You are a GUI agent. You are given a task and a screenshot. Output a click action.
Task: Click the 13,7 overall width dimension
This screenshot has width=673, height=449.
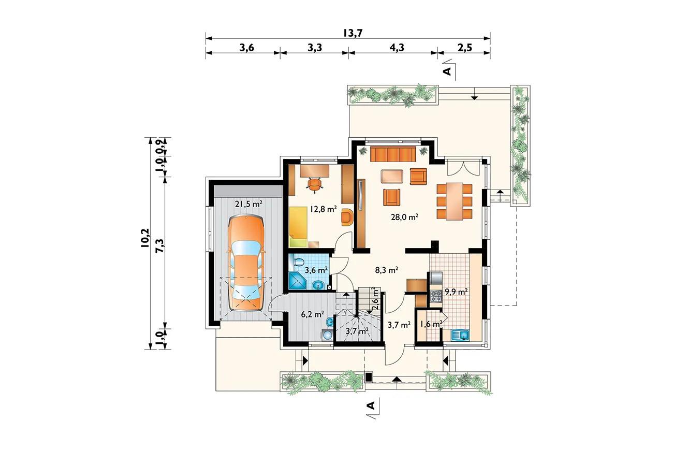point(353,33)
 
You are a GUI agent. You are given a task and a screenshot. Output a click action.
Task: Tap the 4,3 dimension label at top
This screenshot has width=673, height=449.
point(397,48)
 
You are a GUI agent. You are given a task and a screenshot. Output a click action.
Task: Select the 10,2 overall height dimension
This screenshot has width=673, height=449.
point(144,238)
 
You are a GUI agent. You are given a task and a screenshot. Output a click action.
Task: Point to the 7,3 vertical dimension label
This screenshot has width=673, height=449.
point(159,245)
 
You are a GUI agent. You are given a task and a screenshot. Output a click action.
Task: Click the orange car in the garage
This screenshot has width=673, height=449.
point(246,263)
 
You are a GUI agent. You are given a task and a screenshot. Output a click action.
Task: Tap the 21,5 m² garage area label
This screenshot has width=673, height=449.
point(249,205)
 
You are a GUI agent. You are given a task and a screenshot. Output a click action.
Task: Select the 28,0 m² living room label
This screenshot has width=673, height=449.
point(405,216)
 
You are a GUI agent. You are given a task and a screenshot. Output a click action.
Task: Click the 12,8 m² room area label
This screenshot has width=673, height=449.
point(323,209)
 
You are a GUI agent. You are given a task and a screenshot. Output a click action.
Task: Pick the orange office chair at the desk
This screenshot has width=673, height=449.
point(314,184)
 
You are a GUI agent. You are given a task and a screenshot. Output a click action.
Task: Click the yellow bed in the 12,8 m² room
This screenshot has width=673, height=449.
point(298,227)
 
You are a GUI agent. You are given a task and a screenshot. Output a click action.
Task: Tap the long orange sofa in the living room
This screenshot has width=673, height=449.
point(393,154)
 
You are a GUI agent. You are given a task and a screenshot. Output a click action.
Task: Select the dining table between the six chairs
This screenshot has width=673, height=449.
point(455,201)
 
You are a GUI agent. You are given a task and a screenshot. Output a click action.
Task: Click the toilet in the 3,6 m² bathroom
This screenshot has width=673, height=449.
point(299,262)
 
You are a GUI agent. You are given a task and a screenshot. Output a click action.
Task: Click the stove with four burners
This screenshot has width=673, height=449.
point(435,296)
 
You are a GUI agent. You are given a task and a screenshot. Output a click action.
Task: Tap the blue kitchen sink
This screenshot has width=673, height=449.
point(460,335)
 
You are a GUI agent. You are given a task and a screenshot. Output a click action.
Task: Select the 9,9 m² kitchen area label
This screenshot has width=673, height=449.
point(456,292)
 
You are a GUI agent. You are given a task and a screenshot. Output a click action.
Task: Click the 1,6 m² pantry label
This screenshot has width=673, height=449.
point(431,324)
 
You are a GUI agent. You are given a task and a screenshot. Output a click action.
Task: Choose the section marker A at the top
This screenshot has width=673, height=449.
point(447,71)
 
